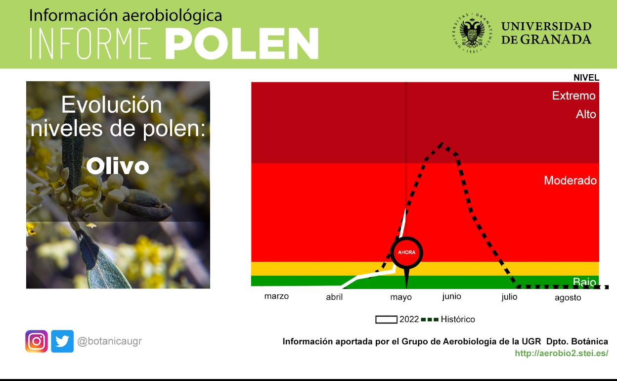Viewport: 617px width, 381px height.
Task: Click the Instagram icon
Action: pyautogui.click(x=37, y=341)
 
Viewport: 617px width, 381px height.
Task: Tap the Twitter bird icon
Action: pyautogui.click(x=62, y=341)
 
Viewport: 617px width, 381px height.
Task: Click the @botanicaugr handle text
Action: pyautogui.click(x=109, y=341)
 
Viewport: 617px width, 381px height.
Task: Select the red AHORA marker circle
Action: pyautogui.click(x=406, y=252)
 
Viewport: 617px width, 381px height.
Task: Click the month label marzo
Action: pyautogui.click(x=276, y=296)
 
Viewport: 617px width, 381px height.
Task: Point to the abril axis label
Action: pyautogui.click(x=334, y=297)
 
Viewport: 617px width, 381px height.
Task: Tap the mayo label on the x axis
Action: pyautogui.click(x=400, y=297)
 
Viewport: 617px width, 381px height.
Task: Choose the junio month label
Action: pyautogui.click(x=451, y=296)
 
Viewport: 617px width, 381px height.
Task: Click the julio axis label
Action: pyautogui.click(x=509, y=297)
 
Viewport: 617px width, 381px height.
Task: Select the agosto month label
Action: pyautogui.click(x=568, y=298)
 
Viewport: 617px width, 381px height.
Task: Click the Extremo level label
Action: pyautogui.click(x=573, y=95)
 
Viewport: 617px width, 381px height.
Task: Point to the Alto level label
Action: pyautogui.click(x=586, y=114)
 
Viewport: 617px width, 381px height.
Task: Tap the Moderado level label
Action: pyautogui.click(x=570, y=181)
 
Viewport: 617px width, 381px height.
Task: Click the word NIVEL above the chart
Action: pyautogui.click(x=586, y=78)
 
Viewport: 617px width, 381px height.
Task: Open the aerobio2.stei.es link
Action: pyautogui.click(x=561, y=353)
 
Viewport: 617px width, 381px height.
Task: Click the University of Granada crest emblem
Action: pyautogui.click(x=472, y=33)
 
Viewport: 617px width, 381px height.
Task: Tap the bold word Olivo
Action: pyautogui.click(x=118, y=166)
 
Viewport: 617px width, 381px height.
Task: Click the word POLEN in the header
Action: pyautogui.click(x=241, y=44)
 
